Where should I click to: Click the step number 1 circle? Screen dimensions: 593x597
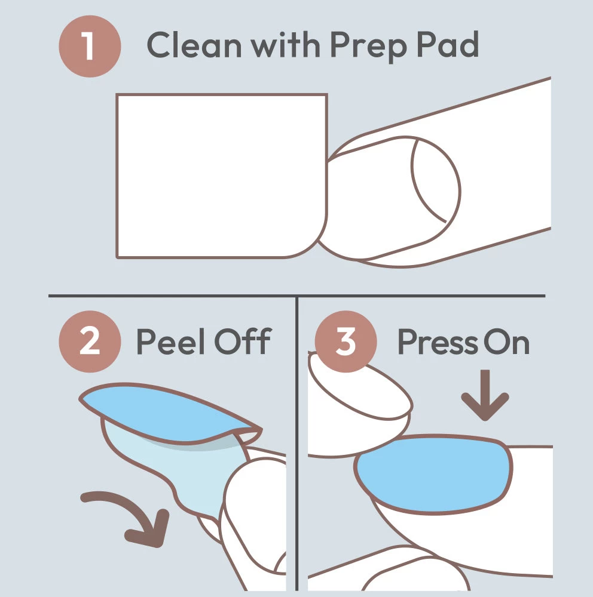[90, 47]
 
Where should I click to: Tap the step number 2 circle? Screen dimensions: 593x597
[90, 341]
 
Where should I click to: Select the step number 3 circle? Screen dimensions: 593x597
[346, 341]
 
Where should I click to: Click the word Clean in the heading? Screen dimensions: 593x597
[194, 45]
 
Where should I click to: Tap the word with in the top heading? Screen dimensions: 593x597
[285, 45]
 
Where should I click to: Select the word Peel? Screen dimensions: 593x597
[172, 341]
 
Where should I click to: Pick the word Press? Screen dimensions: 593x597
[438, 342]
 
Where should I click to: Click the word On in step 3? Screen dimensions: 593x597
[507, 342]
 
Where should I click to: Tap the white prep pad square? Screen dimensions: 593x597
[222, 176]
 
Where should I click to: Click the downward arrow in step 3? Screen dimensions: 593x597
[485, 396]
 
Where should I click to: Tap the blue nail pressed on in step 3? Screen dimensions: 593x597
[433, 474]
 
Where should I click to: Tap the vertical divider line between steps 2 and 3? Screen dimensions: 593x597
[296, 444]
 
